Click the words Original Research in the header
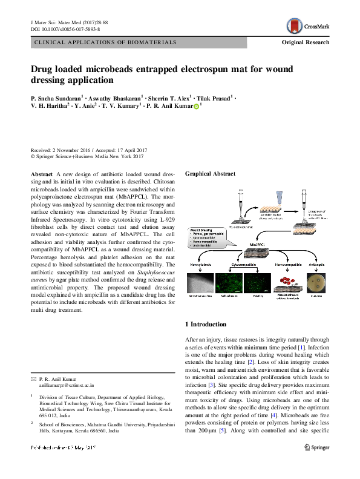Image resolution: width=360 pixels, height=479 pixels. coord(306,42)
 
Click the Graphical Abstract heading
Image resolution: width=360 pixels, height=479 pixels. coord(210,174)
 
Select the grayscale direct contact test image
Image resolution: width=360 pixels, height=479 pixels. coord(200,284)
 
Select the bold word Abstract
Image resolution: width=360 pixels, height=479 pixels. coord(42,174)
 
